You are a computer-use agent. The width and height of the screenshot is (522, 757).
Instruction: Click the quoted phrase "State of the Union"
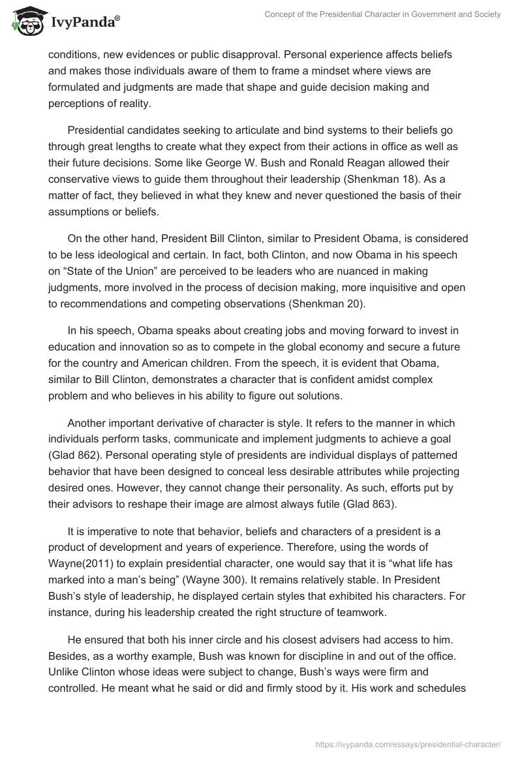click(112, 254)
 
